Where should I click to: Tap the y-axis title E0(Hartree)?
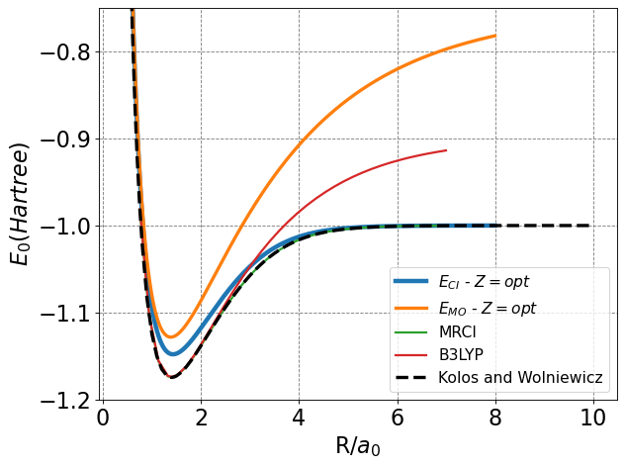point(22,204)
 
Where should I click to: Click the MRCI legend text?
point(460,330)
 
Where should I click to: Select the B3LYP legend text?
point(463,353)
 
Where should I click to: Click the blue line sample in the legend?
point(410,282)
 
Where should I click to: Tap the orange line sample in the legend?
point(410,308)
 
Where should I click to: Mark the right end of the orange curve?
point(494,36)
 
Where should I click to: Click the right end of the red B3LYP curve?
point(446,150)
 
